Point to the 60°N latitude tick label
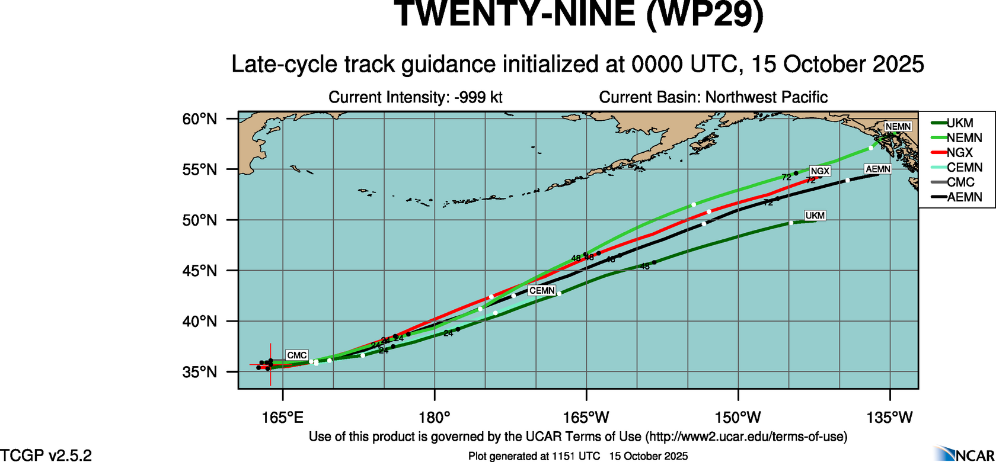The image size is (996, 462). point(200,119)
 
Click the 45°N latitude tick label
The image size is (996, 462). point(200,271)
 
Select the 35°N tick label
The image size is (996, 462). point(200,372)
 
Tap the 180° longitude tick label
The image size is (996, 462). point(435,418)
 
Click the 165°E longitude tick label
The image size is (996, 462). point(283,418)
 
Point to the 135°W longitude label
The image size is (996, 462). point(890,418)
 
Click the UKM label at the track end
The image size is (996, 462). point(815,216)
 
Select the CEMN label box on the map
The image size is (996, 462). point(542,291)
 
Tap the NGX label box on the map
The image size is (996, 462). point(820,171)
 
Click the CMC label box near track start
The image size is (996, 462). point(296,355)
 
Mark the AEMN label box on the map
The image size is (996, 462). point(878,169)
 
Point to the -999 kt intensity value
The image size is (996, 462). point(478,97)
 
